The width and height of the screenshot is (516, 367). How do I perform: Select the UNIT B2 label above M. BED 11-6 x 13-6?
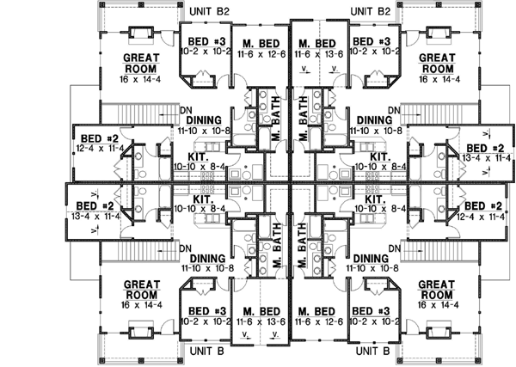tap(371, 11)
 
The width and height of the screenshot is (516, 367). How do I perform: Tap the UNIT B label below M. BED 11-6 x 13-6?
tap(207, 352)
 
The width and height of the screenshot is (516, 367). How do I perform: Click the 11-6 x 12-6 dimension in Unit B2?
tap(260, 53)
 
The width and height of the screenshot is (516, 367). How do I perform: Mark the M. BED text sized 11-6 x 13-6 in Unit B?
tap(260, 310)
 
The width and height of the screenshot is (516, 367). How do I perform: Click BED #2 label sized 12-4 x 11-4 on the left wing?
tap(98, 138)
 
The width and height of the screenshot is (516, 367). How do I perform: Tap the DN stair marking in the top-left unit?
tap(187, 109)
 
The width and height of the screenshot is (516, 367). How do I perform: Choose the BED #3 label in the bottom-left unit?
tap(203, 310)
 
